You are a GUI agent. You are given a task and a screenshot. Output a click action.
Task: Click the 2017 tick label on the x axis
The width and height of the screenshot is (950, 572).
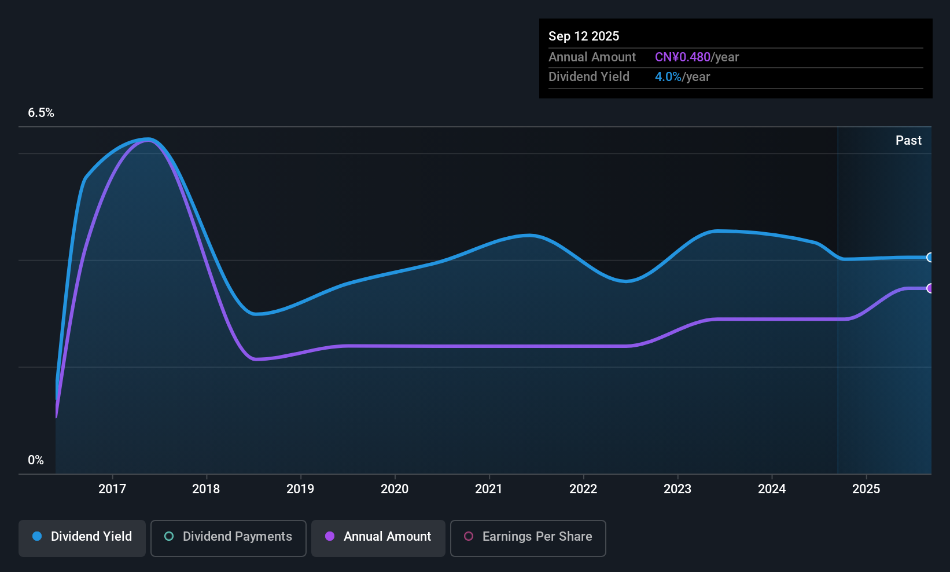pos(112,489)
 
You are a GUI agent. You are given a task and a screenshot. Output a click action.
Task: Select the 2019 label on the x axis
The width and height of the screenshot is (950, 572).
pos(300,489)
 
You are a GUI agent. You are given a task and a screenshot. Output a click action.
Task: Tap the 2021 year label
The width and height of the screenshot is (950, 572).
pos(489,489)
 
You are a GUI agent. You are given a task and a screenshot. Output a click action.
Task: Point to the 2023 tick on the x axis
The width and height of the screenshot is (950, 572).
pos(677,489)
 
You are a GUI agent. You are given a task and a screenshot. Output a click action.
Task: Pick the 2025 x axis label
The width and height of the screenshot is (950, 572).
pos(866,489)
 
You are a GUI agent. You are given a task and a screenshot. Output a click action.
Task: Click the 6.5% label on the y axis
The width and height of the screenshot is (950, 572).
pos(41,113)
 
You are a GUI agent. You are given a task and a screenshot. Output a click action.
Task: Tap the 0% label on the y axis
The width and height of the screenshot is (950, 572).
pos(36,460)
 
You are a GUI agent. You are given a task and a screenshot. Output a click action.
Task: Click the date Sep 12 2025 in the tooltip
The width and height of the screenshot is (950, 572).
pos(584,36)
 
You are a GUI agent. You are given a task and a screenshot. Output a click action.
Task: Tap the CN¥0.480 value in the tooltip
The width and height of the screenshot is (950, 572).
pos(682,57)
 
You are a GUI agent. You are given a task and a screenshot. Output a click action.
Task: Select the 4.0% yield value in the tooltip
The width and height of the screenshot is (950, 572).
pos(668,77)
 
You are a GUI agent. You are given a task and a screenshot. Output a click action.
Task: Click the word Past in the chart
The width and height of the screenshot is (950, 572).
pos(908,140)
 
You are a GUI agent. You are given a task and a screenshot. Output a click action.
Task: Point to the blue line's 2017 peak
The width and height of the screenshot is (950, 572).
pos(148,139)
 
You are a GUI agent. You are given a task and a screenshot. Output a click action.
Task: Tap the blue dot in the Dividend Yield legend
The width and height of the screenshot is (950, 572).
pos(37,537)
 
